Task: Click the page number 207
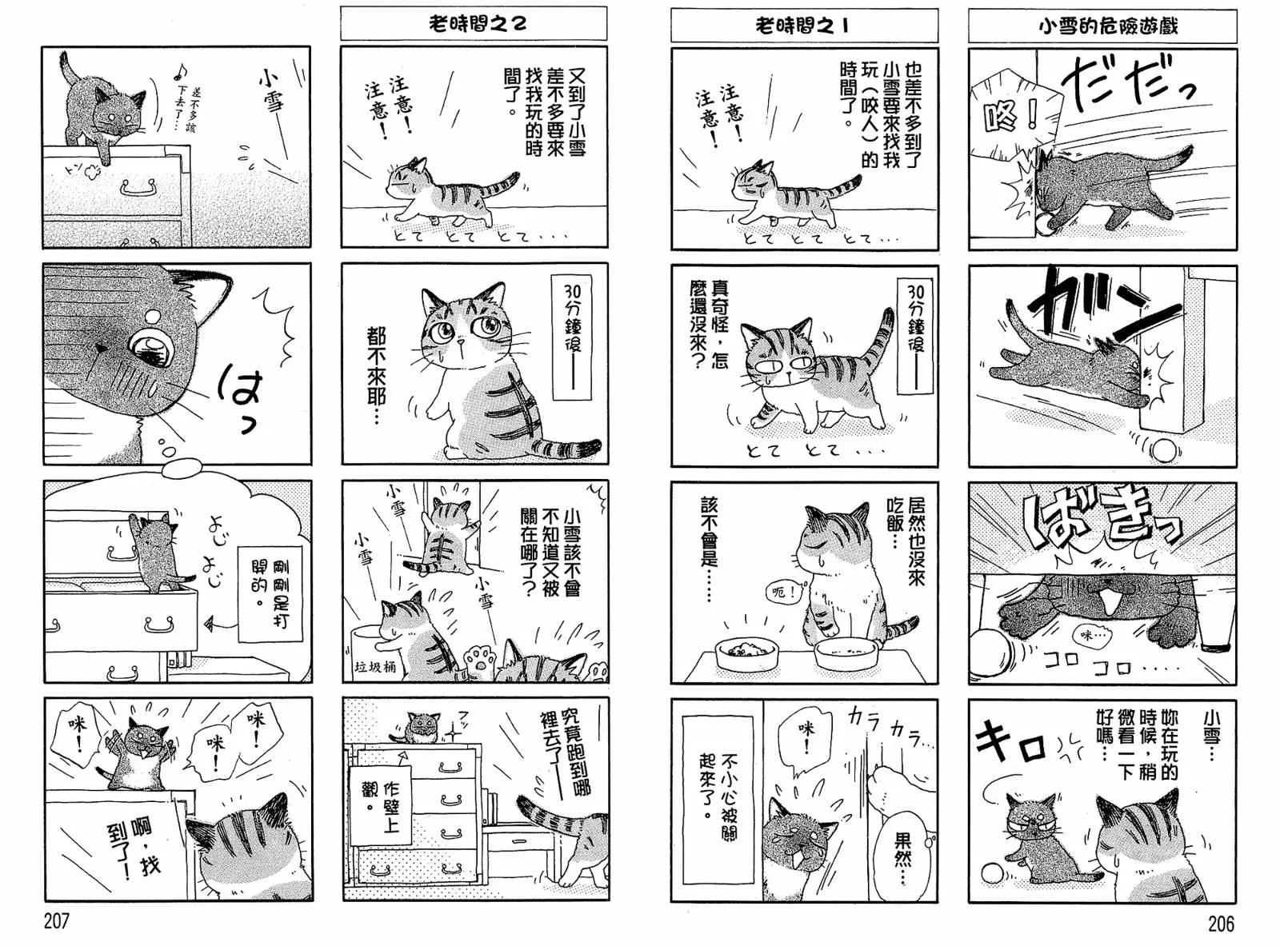(56, 922)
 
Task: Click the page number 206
(1220, 924)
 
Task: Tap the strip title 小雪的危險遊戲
(1102, 26)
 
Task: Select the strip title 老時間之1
(802, 26)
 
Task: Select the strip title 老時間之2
(473, 24)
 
